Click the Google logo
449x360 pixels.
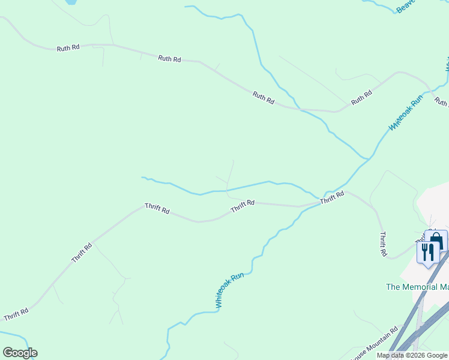pyautogui.click(x=20, y=353)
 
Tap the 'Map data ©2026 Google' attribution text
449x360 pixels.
pyautogui.click(x=412, y=355)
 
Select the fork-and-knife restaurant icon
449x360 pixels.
pyautogui.click(x=427, y=251)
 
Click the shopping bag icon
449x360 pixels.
pyautogui.click(x=436, y=241)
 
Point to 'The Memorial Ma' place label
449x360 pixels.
pyautogui.click(x=417, y=287)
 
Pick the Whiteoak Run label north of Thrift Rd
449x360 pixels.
pyautogui.click(x=406, y=112)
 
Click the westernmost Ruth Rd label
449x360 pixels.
pyautogui.click(x=68, y=48)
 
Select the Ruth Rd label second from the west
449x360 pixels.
pyautogui.click(x=170, y=59)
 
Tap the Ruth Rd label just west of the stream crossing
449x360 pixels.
pyautogui.click(x=264, y=98)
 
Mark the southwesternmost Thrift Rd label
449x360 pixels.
pyautogui.click(x=16, y=314)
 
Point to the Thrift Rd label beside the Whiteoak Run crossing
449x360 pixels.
pyautogui.click(x=332, y=197)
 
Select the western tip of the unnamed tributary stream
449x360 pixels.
pyautogui.click(x=142, y=177)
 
